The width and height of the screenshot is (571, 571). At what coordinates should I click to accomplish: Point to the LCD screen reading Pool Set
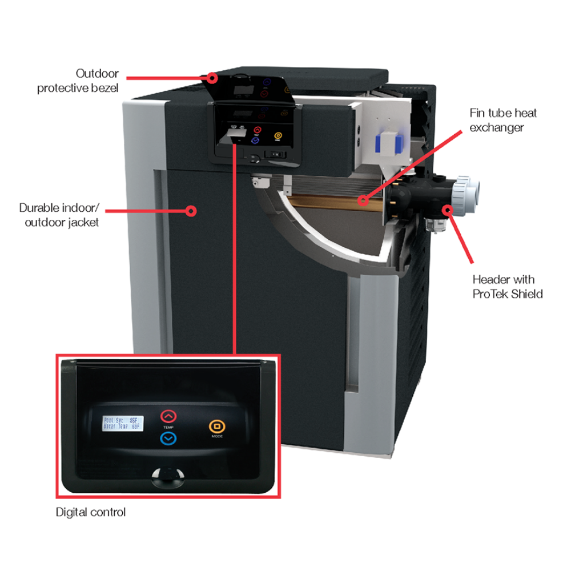point(123,424)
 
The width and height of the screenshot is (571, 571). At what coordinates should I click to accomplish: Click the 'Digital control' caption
point(90,512)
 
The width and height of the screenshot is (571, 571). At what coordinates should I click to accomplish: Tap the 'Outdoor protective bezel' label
point(78,81)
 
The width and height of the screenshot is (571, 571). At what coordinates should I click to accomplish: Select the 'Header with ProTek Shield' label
point(507,287)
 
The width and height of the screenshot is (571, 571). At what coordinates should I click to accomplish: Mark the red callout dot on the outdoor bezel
point(212,77)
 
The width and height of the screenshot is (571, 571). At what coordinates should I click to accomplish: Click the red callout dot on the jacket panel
point(192,211)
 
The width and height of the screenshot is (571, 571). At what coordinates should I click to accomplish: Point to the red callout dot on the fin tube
point(361,200)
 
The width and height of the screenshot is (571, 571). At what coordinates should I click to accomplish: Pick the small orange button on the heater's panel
point(278,136)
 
